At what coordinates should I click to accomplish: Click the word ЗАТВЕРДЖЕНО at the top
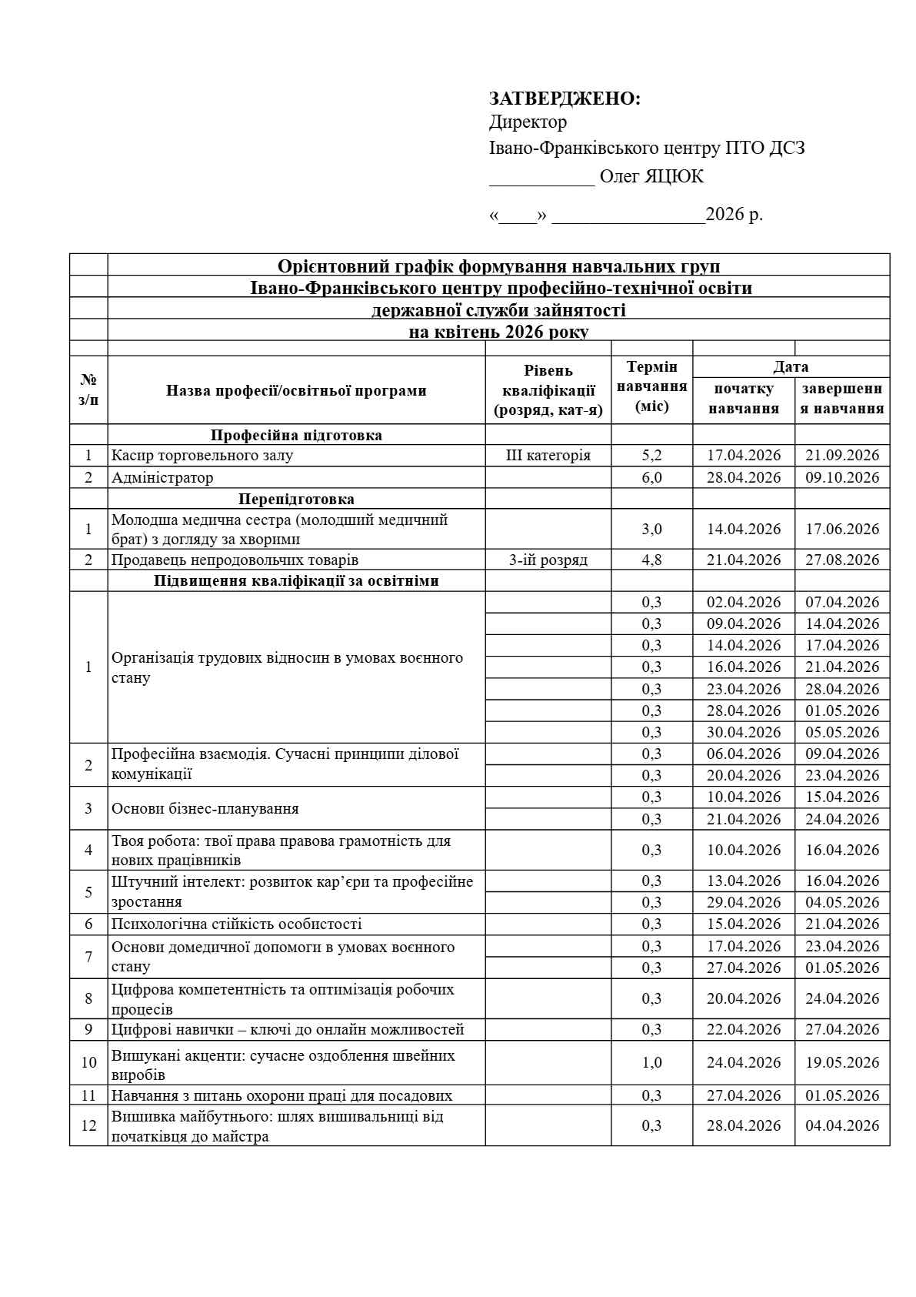tap(565, 99)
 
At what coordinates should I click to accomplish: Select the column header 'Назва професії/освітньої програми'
tap(296, 390)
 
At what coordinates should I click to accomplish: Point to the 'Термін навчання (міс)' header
tap(651, 386)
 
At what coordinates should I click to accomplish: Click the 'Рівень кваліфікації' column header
tap(548, 390)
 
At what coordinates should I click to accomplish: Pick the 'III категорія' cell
tap(548, 455)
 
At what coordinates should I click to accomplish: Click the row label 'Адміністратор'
tap(162, 477)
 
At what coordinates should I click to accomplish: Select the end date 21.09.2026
tap(842, 455)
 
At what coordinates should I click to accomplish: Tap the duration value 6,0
tap(651, 477)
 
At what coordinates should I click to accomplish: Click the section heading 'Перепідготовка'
tap(296, 499)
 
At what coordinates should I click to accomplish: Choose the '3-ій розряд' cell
tap(548, 560)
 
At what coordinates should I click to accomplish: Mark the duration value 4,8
tap(651, 560)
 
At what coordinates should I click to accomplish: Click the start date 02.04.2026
tap(744, 602)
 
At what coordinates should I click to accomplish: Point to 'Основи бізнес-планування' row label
tap(205, 808)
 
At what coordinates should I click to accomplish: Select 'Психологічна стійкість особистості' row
tap(237, 924)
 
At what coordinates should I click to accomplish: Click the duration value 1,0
tap(651, 1062)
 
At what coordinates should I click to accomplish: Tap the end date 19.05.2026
tap(842, 1062)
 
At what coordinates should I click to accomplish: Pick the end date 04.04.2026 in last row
tap(842, 1125)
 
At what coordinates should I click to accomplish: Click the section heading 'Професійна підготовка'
tap(296, 435)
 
